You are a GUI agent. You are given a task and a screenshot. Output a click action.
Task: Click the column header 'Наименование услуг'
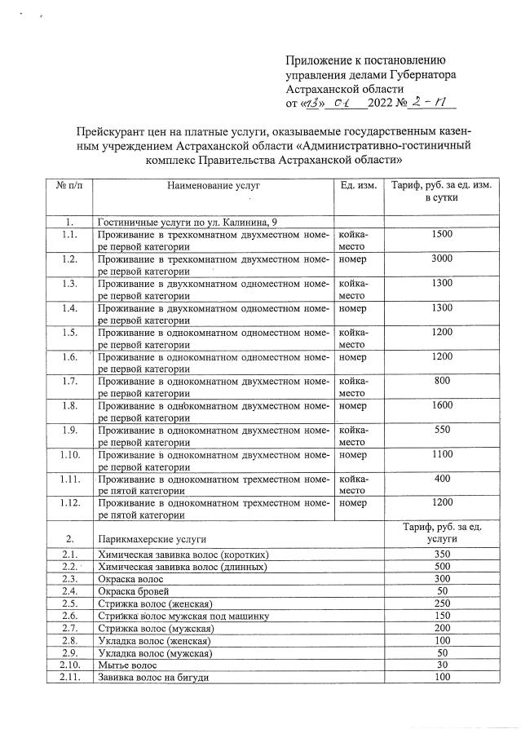214,187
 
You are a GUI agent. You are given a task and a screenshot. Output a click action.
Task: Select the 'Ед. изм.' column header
357,187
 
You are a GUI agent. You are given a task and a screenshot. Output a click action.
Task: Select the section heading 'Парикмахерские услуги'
151,539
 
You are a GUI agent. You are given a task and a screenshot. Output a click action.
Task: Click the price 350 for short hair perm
442,555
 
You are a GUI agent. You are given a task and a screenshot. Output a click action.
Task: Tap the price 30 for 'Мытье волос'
442,664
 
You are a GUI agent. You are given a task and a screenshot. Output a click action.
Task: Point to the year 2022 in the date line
380,104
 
